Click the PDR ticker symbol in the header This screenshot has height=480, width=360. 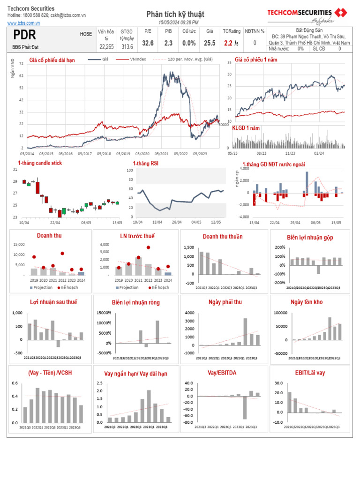point(24,35)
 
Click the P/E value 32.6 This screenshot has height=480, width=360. point(148,43)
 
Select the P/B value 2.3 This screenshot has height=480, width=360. point(168,43)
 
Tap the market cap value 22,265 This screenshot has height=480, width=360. point(106,46)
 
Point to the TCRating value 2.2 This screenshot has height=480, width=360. point(228,43)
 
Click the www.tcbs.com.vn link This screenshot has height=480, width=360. point(23,22)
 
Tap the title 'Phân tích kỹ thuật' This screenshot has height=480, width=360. point(175,15)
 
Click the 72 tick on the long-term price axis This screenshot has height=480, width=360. point(21,63)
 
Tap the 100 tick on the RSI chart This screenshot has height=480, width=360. point(130,171)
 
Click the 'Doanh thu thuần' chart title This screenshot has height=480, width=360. point(223,237)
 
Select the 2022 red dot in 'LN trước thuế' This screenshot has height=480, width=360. point(149,247)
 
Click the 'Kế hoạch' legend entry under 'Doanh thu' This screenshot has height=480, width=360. point(70,287)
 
